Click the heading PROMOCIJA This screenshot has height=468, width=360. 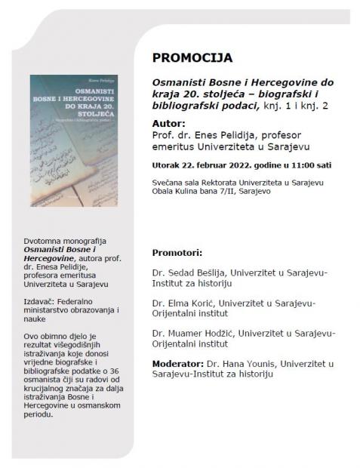(x=192, y=57)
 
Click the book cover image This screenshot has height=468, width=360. (x=74, y=140)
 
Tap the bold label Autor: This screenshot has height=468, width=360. (x=169, y=122)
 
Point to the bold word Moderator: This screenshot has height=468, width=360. (x=180, y=363)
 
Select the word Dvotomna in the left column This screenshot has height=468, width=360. (x=44, y=241)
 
